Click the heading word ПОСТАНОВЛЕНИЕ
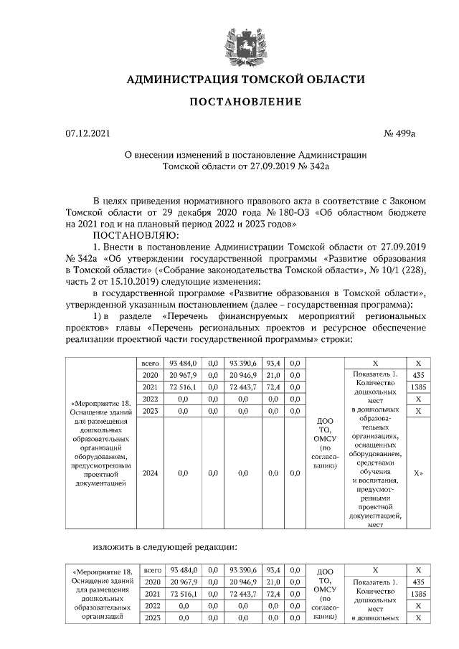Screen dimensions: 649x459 click(245, 102)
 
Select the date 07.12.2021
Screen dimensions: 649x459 click(88, 133)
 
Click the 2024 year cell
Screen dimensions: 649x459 click(150, 473)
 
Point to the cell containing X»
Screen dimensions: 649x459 click(417, 473)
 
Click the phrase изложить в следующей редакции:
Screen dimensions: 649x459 click(165, 547)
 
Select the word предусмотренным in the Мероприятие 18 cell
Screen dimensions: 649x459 click(105, 464)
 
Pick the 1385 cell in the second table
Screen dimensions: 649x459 click(418, 594)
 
